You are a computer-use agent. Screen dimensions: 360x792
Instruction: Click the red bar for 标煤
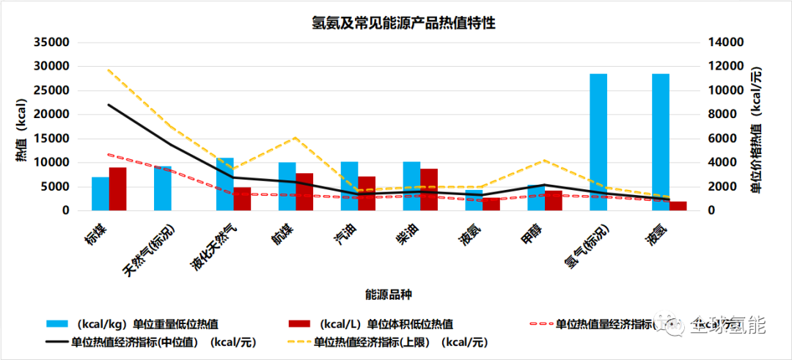pyautogui.click(x=118, y=188)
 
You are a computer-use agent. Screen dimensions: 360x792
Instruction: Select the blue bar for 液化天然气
pyautogui.click(x=224, y=183)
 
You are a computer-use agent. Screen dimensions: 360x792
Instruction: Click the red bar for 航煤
pyautogui.click(x=304, y=191)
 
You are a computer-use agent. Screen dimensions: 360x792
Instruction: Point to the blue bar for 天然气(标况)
pyautogui.click(x=163, y=188)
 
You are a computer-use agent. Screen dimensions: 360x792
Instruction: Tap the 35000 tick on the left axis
pyautogui.click(x=52, y=43)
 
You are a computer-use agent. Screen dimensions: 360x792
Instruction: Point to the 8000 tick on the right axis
pyautogui.click(x=720, y=114)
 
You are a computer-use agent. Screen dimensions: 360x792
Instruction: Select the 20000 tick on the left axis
pyautogui.click(x=52, y=114)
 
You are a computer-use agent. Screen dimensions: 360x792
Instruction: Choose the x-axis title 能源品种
pyautogui.click(x=389, y=294)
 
